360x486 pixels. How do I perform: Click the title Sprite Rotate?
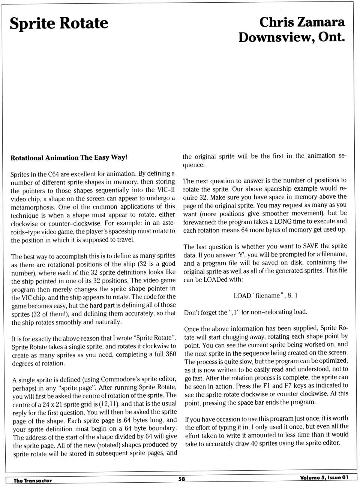point(59,24)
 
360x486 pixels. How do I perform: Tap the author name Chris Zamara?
point(302,22)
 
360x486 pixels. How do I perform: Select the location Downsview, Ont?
point(291,37)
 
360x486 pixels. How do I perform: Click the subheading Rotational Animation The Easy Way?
point(69,158)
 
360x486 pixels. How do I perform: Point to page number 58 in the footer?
point(181,479)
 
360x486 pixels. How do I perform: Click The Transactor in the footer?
point(33,481)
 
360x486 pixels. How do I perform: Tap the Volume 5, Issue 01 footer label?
point(324,477)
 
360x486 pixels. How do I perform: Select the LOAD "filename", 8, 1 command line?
point(265,296)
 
